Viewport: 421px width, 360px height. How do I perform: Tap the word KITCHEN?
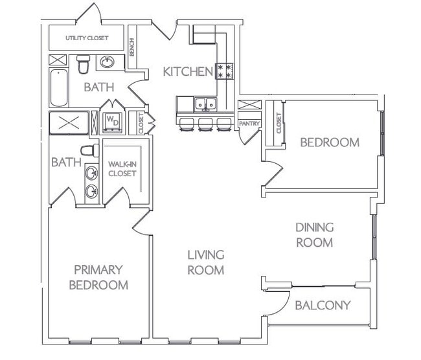click(187, 71)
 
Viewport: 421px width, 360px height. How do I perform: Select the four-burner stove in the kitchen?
click(224, 71)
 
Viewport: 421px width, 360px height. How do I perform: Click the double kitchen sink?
click(206, 104)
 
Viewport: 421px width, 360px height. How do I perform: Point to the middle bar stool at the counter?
click(206, 124)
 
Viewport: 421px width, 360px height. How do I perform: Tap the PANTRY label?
click(249, 123)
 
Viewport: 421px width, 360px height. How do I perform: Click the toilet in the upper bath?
click(83, 65)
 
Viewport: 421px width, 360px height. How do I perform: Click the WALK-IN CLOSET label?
click(121, 169)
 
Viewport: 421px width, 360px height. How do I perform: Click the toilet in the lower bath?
click(89, 151)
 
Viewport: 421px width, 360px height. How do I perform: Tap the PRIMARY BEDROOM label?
click(98, 276)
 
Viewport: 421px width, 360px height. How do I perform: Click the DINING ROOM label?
click(314, 235)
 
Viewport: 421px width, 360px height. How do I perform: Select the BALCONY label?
click(322, 305)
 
